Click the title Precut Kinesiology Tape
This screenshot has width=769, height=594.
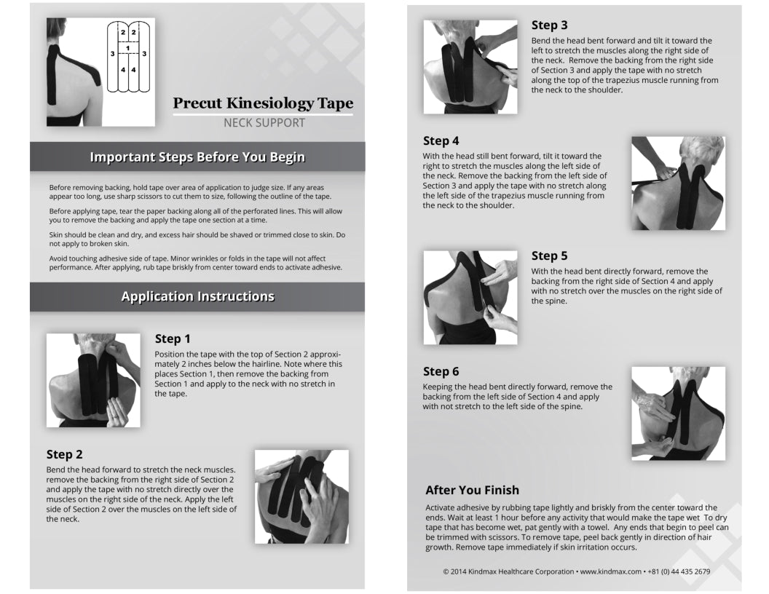(x=263, y=103)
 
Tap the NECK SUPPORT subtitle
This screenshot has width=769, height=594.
(x=264, y=122)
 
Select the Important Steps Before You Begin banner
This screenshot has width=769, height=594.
(x=197, y=157)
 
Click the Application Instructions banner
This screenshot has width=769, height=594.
(x=197, y=296)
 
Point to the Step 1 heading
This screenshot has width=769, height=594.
(x=173, y=338)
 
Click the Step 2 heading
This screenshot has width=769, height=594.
(x=64, y=454)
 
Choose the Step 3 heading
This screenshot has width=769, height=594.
(x=549, y=25)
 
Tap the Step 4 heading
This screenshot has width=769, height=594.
(x=441, y=140)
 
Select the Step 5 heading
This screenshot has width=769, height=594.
(x=549, y=256)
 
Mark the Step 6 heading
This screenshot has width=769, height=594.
(x=441, y=371)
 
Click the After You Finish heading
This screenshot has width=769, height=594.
(x=472, y=490)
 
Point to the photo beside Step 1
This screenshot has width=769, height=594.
(x=93, y=380)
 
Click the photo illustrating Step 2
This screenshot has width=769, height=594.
(x=301, y=496)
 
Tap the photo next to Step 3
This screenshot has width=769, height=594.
(x=470, y=66)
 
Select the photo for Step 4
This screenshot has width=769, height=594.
(x=678, y=183)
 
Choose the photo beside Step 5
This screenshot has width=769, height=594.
(x=470, y=297)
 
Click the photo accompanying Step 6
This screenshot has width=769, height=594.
(x=678, y=413)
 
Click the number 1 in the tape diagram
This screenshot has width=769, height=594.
(x=128, y=49)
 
